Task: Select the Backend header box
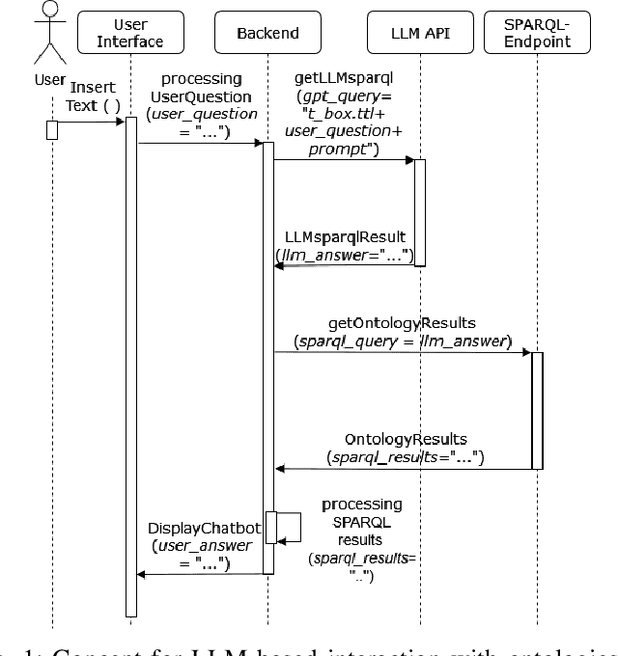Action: [268, 34]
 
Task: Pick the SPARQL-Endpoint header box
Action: [559, 34]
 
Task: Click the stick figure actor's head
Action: [52, 10]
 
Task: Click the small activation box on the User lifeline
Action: [52, 129]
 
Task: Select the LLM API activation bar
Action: [420, 212]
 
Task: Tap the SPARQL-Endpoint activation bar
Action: [536, 410]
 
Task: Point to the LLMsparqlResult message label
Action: [344, 235]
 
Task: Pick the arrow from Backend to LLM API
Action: [346, 159]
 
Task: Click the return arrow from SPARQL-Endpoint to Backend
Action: [404, 469]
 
